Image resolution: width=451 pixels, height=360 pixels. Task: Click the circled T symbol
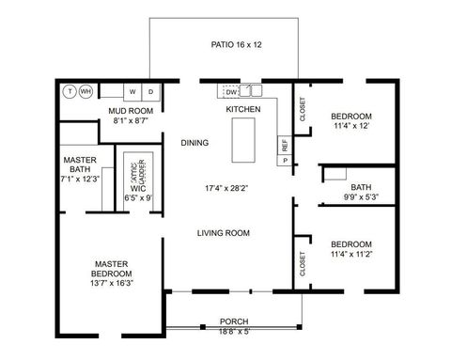(x=69, y=91)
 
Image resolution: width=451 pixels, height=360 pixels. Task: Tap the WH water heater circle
(x=86, y=91)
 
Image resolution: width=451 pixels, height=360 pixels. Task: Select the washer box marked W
(x=132, y=91)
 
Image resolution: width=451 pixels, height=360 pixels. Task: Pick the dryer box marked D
(x=150, y=91)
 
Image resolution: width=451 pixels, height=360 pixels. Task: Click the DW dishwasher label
(x=231, y=91)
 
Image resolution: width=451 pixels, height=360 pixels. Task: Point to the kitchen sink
(x=252, y=91)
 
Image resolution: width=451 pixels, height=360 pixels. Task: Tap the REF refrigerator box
(x=283, y=146)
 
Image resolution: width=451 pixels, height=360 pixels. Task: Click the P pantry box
(x=283, y=161)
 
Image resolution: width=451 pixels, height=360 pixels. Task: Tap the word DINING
(x=194, y=143)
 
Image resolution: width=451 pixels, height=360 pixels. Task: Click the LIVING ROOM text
(x=223, y=232)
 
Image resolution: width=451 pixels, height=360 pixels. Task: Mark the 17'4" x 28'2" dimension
(x=225, y=188)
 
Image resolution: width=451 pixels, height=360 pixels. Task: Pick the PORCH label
(x=234, y=321)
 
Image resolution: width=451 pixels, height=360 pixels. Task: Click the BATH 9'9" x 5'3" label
(x=361, y=193)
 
